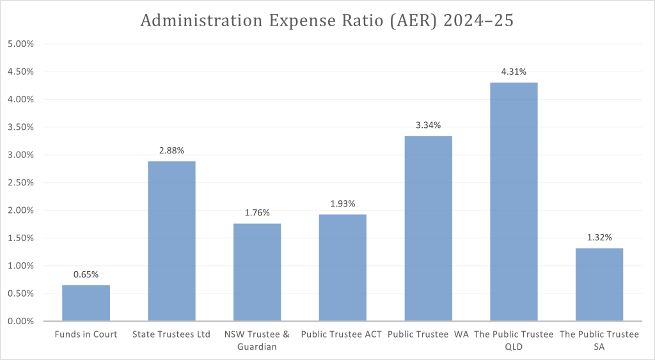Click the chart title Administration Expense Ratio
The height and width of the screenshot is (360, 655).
[327, 20]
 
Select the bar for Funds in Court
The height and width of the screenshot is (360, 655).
[86, 303]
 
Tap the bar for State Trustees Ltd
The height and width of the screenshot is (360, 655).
[171, 241]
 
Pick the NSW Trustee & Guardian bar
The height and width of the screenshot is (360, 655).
[257, 272]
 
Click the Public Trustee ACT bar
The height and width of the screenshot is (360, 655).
[343, 267]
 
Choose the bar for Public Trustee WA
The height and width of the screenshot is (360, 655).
[428, 228]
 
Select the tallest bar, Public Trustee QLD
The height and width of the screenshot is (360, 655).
[514, 201]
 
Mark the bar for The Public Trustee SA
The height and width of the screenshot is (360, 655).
[599, 285]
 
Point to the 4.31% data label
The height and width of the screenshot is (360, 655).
[514, 72]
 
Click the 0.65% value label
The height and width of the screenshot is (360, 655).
[86, 275]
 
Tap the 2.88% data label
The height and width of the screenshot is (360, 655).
[171, 151]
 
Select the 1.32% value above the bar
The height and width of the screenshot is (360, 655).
[599, 238]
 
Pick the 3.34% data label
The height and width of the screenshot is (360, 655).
[428, 125]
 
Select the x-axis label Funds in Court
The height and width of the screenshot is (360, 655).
[86, 334]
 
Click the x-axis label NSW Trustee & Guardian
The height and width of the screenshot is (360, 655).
[257, 340]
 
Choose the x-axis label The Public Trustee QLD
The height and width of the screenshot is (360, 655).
[514, 340]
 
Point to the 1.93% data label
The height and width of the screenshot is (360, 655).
[343, 204]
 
